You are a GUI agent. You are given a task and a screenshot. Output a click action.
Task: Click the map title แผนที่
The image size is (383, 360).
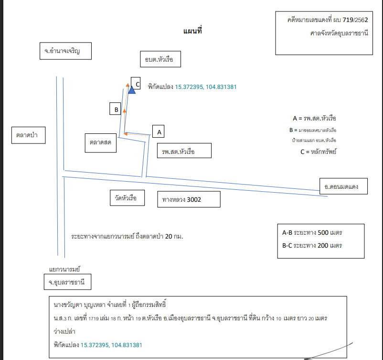[x=192, y=31]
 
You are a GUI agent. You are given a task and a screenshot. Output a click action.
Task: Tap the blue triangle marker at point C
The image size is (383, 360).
[x=132, y=90]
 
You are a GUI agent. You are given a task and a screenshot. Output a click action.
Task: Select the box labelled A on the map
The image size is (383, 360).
[x=158, y=131]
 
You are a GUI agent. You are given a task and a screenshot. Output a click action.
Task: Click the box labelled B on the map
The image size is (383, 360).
[x=115, y=109]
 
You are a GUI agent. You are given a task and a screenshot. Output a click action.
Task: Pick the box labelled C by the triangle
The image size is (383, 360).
[x=136, y=83]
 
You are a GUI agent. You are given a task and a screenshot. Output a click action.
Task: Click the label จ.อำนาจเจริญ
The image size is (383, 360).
[x=66, y=51]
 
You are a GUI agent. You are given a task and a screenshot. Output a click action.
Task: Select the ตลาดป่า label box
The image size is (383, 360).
[x=29, y=135]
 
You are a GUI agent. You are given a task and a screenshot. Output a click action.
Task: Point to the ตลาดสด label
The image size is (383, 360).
[x=101, y=143]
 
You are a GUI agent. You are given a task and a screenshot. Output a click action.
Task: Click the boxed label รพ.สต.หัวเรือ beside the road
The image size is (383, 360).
[x=184, y=151]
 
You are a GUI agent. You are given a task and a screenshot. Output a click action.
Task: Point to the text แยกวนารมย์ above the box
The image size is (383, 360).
[x=64, y=269]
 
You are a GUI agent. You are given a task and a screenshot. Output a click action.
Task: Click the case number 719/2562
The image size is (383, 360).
[x=355, y=20]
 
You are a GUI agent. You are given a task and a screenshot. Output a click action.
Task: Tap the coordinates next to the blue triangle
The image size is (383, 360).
[x=206, y=87]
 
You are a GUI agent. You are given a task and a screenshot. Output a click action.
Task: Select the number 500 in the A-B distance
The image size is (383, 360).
[x=323, y=232]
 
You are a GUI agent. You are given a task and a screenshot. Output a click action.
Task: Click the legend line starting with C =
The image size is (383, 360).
[x=318, y=152]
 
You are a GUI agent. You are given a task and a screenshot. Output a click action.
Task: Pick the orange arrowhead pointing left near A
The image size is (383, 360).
[x=126, y=134]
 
